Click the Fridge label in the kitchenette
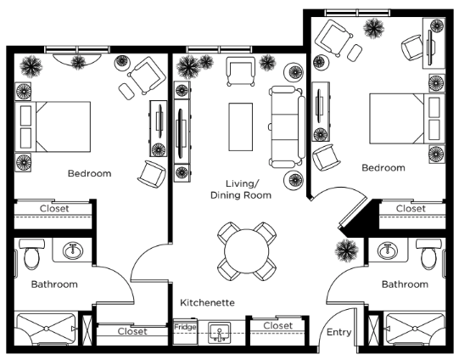[185, 327]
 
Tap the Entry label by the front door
[339, 332]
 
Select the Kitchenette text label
[207, 302]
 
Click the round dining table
[247, 251]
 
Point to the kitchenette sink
[220, 333]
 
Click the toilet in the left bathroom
[31, 254]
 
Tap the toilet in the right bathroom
[428, 254]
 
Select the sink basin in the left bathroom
[73, 251]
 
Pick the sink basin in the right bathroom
[388, 251]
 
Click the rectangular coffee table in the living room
[241, 127]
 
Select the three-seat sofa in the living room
[287, 127]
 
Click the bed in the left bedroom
[53, 127]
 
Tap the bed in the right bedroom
[407, 119]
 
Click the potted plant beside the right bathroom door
[347, 250]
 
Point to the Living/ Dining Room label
[241, 189]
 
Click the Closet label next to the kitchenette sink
[277, 325]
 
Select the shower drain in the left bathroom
[47, 329]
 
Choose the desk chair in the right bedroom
[412, 47]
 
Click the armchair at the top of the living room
[241, 71]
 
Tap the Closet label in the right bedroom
[411, 209]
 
